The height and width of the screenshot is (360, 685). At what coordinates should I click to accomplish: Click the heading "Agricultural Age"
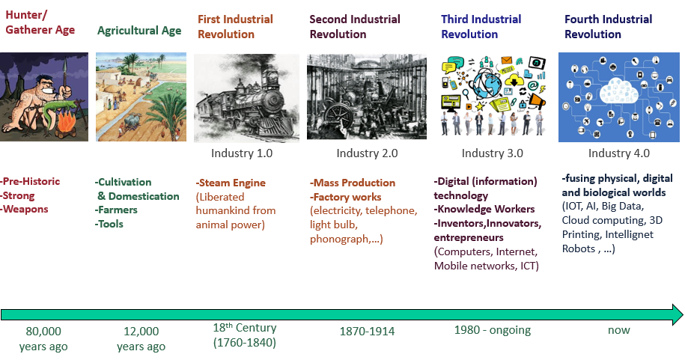pyautogui.click(x=139, y=31)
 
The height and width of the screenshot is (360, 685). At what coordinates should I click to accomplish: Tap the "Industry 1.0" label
pyautogui.click(x=242, y=153)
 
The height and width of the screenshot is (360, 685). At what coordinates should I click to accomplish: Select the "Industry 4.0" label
pyautogui.click(x=618, y=153)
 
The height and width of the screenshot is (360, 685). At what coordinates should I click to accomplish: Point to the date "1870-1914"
pyautogui.click(x=367, y=331)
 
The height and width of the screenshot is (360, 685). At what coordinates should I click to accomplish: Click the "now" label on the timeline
pyautogui.click(x=618, y=330)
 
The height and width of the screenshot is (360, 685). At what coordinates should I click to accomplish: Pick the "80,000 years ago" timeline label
pyautogui.click(x=43, y=338)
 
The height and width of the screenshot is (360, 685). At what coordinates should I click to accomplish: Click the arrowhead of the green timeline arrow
pyautogui.click(x=677, y=314)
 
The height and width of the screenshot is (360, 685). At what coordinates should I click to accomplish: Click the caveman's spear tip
pyautogui.click(x=64, y=63)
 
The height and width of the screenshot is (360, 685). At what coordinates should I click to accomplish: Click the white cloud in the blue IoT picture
pyautogui.click(x=618, y=91)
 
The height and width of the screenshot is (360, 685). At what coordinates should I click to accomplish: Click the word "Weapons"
pyautogui.click(x=25, y=210)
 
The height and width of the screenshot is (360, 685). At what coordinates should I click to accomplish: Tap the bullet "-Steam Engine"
pyautogui.click(x=231, y=183)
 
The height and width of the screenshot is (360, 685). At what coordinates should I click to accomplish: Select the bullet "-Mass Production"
pyautogui.click(x=353, y=183)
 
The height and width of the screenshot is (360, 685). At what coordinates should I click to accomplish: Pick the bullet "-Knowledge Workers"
pyautogui.click(x=484, y=210)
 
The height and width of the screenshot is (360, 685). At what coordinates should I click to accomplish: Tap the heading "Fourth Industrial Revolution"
pyautogui.click(x=608, y=27)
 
